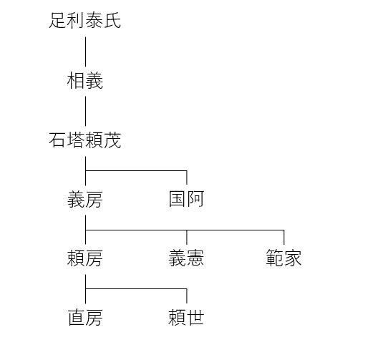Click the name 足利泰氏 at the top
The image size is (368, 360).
click(85, 21)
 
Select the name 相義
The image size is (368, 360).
click(85, 81)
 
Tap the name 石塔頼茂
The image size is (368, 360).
click(85, 140)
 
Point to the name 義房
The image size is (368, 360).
click(85, 200)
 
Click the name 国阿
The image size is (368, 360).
click(186, 199)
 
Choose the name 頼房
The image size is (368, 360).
click(85, 258)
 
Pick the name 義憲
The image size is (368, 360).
click(186, 258)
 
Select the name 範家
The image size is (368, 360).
click(284, 258)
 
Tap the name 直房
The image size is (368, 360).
click(85, 318)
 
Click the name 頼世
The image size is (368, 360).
click(186, 318)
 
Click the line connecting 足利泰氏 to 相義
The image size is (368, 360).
click(85, 52)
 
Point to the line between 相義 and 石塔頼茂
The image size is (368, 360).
click(85, 111)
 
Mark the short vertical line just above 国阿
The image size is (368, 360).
click(187, 177)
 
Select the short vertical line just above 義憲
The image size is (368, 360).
click(187, 237)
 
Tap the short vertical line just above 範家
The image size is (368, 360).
click(284, 237)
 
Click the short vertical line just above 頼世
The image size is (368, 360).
click(187, 296)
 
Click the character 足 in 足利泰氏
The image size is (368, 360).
click(58, 21)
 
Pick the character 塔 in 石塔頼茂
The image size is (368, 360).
click(76, 140)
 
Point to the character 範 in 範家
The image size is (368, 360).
click(275, 258)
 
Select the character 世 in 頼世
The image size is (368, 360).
click(195, 318)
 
